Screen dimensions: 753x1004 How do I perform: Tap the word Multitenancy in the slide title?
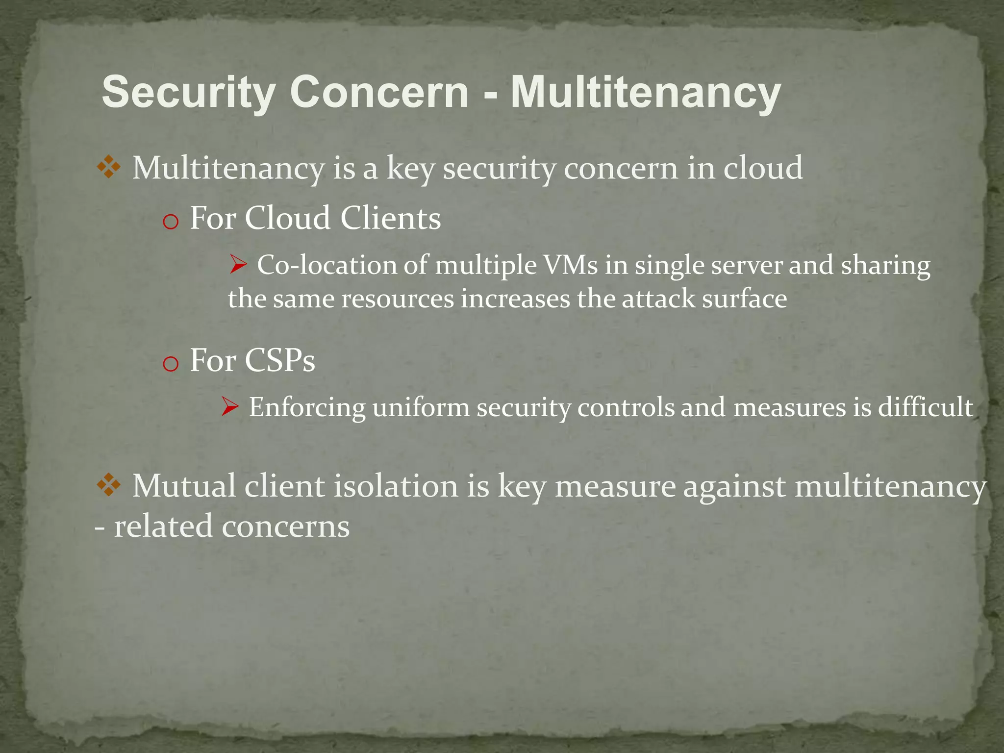(646, 93)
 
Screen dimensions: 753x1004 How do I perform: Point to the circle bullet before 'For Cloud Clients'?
(170, 223)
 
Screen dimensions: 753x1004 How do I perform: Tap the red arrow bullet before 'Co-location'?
(238, 266)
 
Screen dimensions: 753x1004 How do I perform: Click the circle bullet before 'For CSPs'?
(170, 365)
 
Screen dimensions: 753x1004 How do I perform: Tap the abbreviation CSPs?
(279, 360)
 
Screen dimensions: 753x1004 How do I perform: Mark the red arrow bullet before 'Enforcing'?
(229, 407)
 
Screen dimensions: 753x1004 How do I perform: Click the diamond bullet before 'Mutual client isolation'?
(109, 486)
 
